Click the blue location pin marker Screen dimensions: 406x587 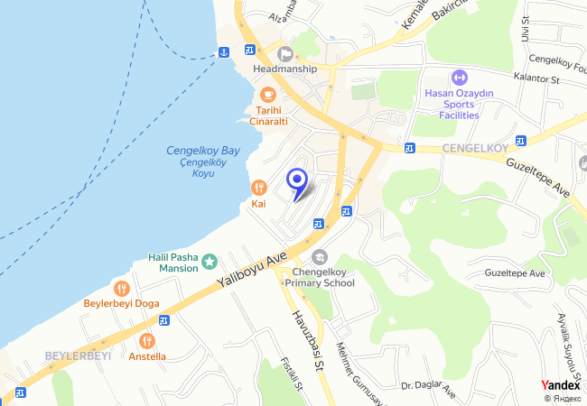click(297, 180)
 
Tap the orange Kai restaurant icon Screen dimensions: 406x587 click(259, 187)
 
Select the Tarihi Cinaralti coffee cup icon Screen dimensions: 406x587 click(267, 94)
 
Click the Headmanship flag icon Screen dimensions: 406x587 click(285, 52)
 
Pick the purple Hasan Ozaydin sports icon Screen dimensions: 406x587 click(459, 78)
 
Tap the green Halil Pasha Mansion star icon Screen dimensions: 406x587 click(210, 262)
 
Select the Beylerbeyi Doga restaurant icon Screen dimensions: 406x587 click(122, 289)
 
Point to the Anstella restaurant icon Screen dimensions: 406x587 click(147, 341)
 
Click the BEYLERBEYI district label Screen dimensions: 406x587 click(78, 355)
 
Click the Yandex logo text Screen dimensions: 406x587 click(561, 384)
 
